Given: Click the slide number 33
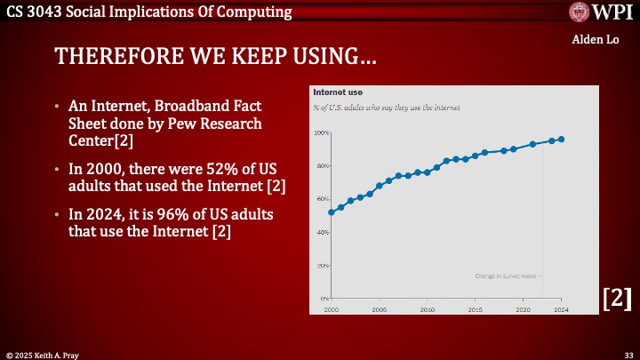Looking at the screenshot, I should [x=628, y=353].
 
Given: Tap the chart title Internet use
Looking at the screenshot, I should [x=338, y=92].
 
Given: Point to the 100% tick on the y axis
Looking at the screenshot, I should [x=321, y=132].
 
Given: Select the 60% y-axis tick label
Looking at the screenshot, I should [x=321, y=199].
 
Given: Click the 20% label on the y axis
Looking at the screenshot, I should [x=321, y=265].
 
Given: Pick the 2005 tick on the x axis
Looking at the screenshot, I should [x=379, y=309].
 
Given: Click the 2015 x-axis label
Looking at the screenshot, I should [x=476, y=309].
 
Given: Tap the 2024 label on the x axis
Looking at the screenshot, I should [x=561, y=309].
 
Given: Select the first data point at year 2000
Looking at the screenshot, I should [x=332, y=212].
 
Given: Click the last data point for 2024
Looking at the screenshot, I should [x=562, y=139].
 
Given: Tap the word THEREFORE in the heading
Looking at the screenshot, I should [x=100, y=57].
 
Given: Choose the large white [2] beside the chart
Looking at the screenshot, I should [x=617, y=299].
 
